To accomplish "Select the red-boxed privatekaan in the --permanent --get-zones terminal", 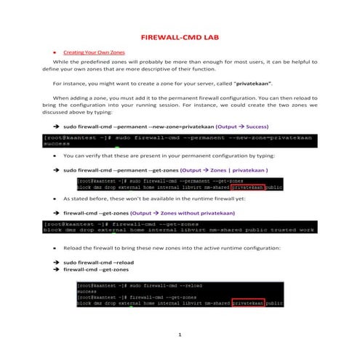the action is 245,185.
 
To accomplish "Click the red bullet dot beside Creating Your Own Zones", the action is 55,52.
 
